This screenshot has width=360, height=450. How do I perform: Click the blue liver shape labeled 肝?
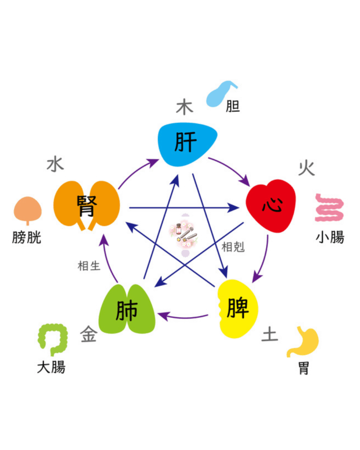point(187,144)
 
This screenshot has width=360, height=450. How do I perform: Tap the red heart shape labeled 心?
point(271,206)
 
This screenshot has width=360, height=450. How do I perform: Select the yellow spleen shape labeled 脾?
point(238,308)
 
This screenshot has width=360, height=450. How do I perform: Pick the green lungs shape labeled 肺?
point(127,309)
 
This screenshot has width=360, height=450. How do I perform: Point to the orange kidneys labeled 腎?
point(87,206)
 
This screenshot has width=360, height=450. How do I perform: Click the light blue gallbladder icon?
point(221,94)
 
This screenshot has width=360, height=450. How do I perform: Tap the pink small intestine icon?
point(329,208)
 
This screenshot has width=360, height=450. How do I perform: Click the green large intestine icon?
point(53,339)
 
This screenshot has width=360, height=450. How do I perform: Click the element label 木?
point(184,107)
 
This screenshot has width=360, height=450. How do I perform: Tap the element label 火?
point(307,168)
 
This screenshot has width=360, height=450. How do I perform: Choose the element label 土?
point(269,334)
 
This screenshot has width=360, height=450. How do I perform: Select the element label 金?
point(88,334)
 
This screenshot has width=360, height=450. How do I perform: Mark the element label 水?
point(55,164)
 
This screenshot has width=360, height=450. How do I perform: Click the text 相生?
point(89,266)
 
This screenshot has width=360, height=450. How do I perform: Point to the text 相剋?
point(233,247)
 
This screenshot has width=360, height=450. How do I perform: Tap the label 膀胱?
point(27,237)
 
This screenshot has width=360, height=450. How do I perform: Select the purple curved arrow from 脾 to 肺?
point(184,317)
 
